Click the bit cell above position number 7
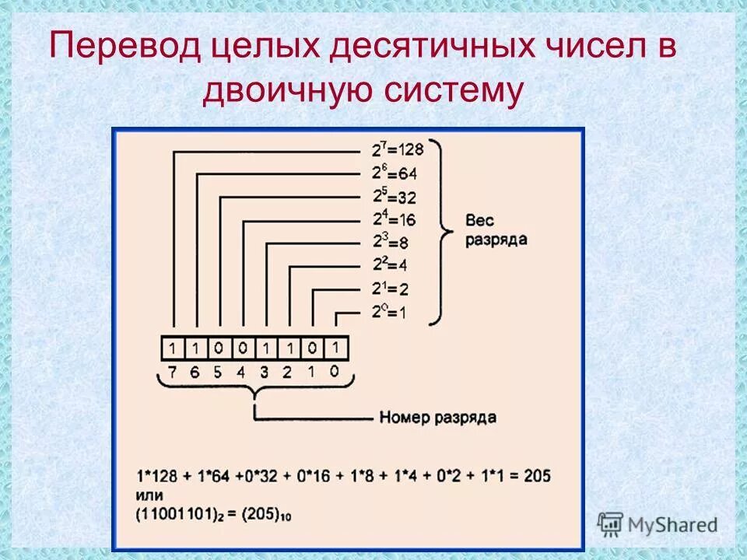[173, 347]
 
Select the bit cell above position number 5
[219, 347]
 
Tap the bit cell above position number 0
[335, 347]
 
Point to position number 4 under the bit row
[241, 372]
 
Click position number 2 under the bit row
[288, 372]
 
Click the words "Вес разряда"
[496, 231]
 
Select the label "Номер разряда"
[437, 418]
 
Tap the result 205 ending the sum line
[537, 476]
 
